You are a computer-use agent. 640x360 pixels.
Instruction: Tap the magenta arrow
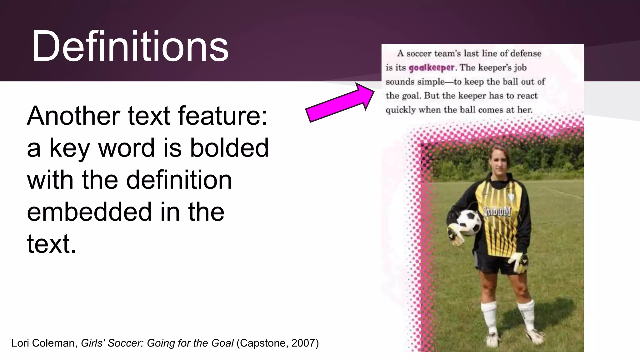(340, 102)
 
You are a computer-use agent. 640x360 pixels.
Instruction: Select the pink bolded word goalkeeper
(431, 68)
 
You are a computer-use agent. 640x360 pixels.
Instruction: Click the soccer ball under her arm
(469, 222)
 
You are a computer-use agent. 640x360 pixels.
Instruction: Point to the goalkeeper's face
(497, 162)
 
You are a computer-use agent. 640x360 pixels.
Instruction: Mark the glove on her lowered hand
(518, 261)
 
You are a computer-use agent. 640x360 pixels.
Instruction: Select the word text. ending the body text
(52, 244)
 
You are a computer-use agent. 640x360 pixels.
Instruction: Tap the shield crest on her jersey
(511, 197)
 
